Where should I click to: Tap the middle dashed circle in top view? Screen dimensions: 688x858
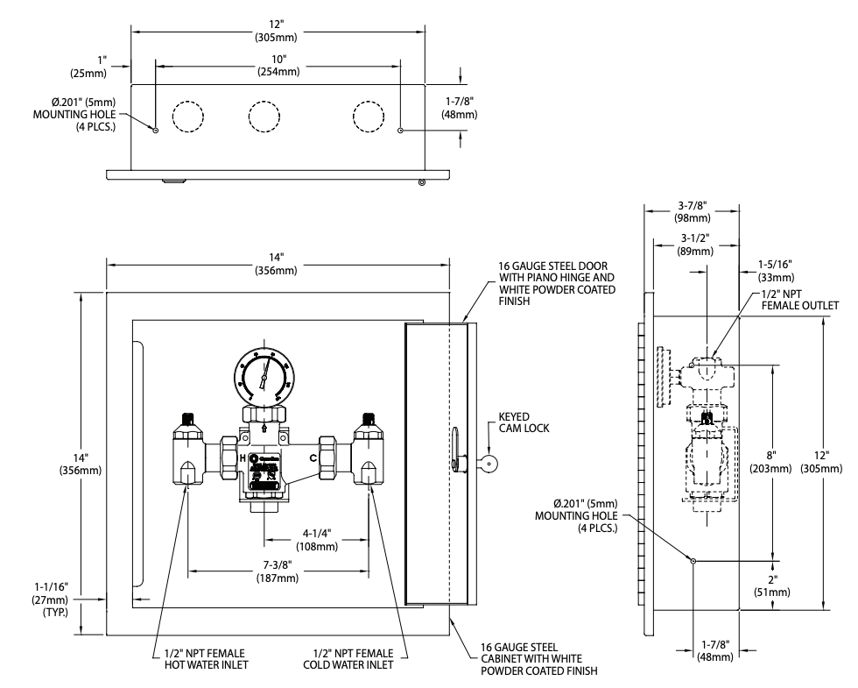pyautogui.click(x=264, y=116)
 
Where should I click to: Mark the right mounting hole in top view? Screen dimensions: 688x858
pyautogui.click(x=400, y=131)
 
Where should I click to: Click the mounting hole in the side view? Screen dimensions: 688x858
pyautogui.click(x=693, y=561)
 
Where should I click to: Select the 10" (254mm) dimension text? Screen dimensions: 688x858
pyautogui.click(x=278, y=65)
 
